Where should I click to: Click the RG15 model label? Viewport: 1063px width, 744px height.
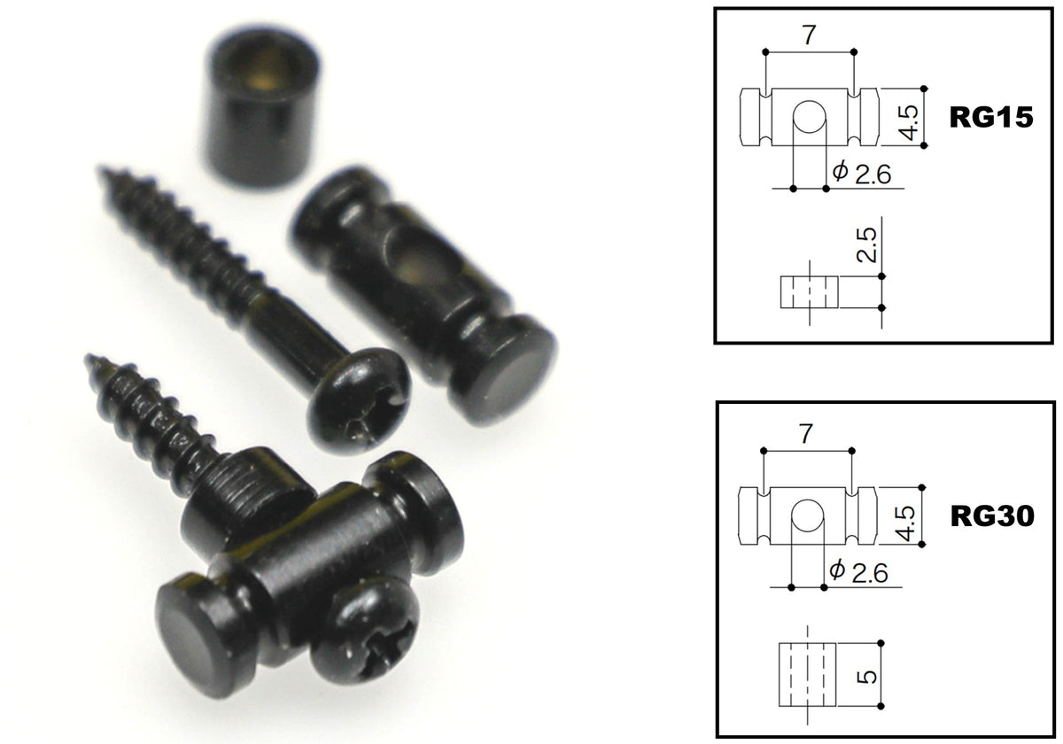(x=991, y=117)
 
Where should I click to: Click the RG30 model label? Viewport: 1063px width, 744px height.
(x=992, y=516)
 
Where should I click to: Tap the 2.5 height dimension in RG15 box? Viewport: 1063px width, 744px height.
(x=866, y=244)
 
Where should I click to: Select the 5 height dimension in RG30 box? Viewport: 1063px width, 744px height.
(x=868, y=677)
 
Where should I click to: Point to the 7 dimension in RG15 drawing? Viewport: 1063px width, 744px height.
(x=809, y=35)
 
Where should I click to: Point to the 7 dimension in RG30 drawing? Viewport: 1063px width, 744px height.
(x=805, y=434)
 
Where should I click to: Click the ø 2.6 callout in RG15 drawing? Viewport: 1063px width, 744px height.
(x=861, y=174)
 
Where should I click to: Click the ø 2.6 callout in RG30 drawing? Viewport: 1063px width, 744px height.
(x=858, y=572)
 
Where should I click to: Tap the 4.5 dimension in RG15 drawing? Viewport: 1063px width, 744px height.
(x=908, y=123)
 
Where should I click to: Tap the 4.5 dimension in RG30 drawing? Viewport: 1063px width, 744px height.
(x=906, y=523)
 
